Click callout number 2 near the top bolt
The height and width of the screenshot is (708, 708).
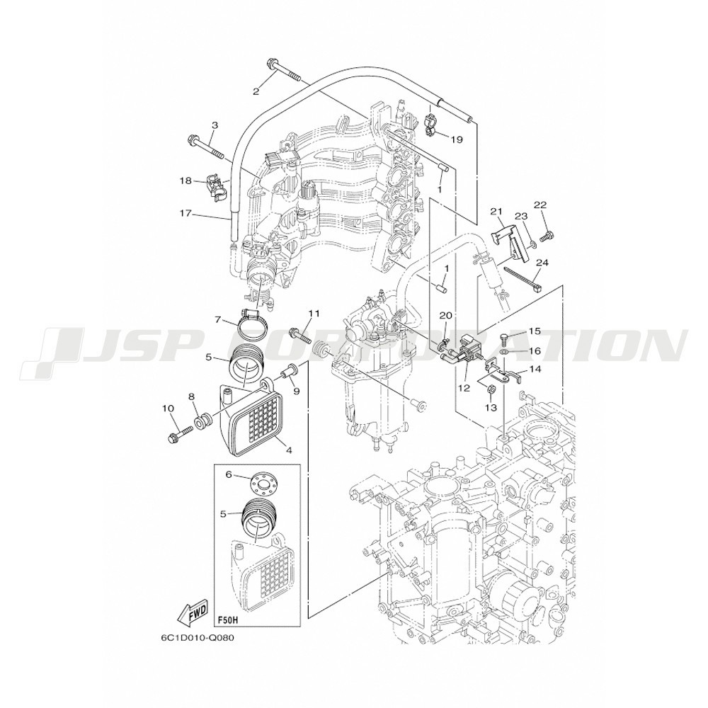point(256,91)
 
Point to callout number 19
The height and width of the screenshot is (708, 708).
point(457,139)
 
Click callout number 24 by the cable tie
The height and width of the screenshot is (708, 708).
point(542,263)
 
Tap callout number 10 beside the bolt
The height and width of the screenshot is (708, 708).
point(168,409)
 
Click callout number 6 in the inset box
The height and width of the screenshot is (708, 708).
point(228,474)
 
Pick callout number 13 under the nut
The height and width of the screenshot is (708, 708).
point(491,407)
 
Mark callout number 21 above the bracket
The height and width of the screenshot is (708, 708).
point(497,210)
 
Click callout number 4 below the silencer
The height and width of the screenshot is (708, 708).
point(288,450)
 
